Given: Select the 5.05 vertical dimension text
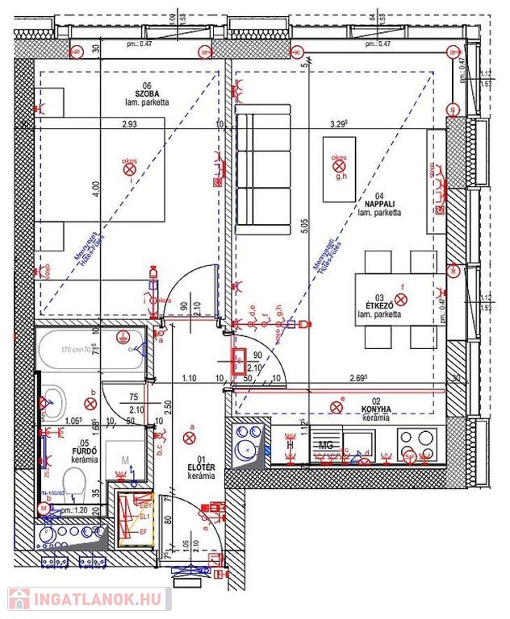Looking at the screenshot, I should pyautogui.click(x=304, y=234).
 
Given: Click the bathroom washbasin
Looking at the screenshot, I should pyautogui.click(x=56, y=397).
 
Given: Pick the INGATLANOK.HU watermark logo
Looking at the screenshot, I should pyautogui.click(x=89, y=600).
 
